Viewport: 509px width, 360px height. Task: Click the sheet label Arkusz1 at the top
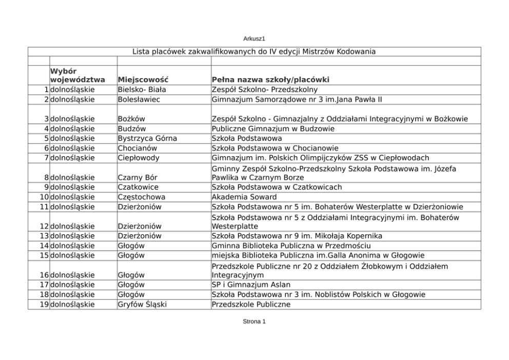pos(254,39)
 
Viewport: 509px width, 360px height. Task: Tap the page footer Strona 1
pos(254,321)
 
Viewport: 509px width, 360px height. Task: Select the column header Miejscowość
pos(142,80)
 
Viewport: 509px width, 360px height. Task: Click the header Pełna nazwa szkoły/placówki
pos(270,80)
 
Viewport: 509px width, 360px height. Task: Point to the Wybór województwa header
pos(77,75)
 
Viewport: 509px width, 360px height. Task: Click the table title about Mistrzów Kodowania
pos(254,51)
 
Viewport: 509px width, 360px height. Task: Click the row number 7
pos(46,158)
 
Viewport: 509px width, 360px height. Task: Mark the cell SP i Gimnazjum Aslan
pos(251,285)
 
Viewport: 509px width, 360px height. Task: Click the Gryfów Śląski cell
pos(142,304)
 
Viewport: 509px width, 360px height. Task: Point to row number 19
pos(44,304)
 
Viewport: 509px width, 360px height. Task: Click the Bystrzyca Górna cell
pos(147,138)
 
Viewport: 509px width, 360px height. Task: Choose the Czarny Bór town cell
pos(138,177)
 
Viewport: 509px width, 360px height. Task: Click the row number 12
pos(44,226)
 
